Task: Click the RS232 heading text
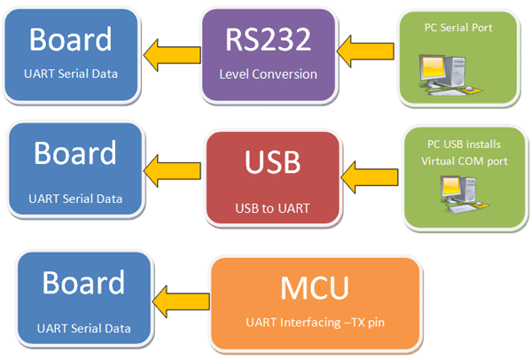268,39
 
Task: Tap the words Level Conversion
268,74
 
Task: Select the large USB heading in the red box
272,162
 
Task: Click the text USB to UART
272,208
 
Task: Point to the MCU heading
315,287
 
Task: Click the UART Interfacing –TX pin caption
315,322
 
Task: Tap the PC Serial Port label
458,27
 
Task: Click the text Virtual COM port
464,160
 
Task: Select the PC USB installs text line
464,145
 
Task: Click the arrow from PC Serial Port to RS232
365,51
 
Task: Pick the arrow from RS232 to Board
172,55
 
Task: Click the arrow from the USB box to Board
172,170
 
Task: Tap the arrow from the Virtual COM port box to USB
370,177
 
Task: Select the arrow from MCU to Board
181,301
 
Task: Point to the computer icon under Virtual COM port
464,194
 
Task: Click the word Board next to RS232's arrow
71,39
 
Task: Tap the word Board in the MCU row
83,282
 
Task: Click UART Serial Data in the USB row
75,199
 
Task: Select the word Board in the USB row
75,153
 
